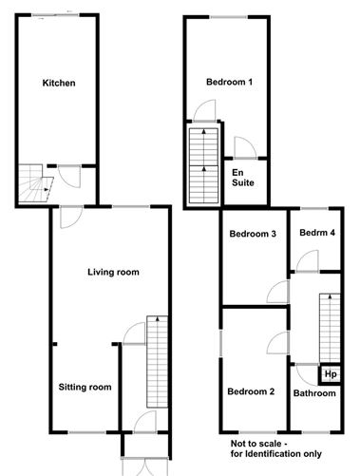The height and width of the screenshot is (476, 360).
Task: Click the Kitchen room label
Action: [x=59, y=83]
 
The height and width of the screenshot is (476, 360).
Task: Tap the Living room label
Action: [x=113, y=272]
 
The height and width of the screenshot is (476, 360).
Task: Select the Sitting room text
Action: [x=85, y=387]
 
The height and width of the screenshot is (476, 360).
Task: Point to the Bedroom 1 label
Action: [x=229, y=82]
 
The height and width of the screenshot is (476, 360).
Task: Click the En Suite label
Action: [x=243, y=177]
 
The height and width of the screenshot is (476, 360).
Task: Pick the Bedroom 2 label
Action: [x=251, y=391]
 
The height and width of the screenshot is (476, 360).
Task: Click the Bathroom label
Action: [x=313, y=393]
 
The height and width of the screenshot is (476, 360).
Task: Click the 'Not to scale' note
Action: [x=275, y=447]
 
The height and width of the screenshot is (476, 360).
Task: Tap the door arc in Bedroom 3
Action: [x=277, y=292]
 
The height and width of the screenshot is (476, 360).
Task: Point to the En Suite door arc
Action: [x=241, y=145]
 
